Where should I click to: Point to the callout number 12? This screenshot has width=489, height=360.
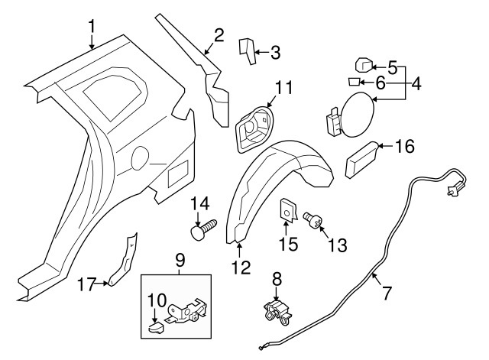point(241,268)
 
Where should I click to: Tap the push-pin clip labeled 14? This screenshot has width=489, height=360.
point(202,226)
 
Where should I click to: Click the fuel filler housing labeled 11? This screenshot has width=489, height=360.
point(254,127)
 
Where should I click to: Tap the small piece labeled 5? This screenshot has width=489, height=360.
point(363,66)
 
